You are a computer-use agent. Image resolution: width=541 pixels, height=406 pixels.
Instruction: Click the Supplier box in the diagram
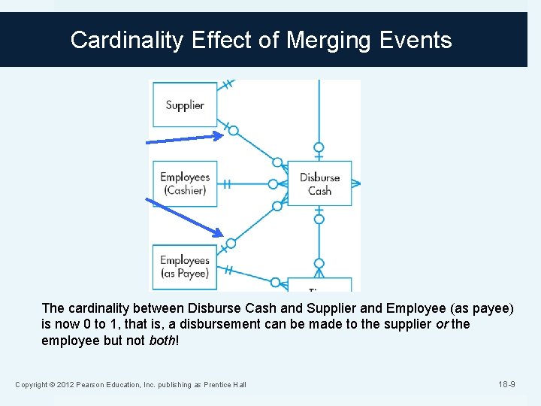184,105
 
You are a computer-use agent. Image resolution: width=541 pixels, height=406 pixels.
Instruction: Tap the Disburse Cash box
319,183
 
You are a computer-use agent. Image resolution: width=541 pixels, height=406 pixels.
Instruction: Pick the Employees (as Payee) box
183,267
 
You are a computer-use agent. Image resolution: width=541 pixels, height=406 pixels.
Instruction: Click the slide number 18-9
506,385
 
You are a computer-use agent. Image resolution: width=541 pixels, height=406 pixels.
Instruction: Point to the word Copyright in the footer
33,386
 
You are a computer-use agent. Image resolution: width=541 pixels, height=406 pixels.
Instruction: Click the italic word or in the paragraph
441,324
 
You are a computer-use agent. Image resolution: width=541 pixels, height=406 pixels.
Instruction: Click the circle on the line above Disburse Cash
319,147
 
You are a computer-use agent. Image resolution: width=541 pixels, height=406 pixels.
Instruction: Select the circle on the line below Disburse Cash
319,220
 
